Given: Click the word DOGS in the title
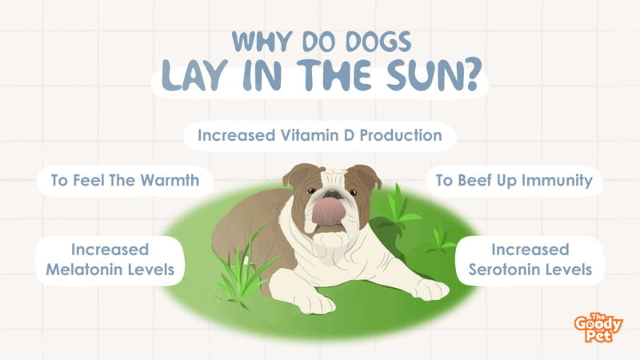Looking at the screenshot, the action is [x=378, y=42].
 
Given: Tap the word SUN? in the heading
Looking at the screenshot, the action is [x=434, y=75].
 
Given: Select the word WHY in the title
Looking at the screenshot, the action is [x=262, y=42].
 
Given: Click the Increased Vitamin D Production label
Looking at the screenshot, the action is [x=319, y=135].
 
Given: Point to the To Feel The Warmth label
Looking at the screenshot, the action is [x=125, y=181].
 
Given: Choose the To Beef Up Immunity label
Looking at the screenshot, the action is [x=514, y=181].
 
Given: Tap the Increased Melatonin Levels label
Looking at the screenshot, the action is [x=110, y=260].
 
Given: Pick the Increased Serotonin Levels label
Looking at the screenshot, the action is [x=530, y=260].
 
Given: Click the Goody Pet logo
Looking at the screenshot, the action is [x=598, y=328].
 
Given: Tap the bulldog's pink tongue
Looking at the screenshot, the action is [x=329, y=211].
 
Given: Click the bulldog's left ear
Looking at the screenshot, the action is [x=297, y=174].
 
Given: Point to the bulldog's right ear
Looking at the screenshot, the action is [x=366, y=175].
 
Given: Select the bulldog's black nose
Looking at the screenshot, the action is [x=334, y=193].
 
